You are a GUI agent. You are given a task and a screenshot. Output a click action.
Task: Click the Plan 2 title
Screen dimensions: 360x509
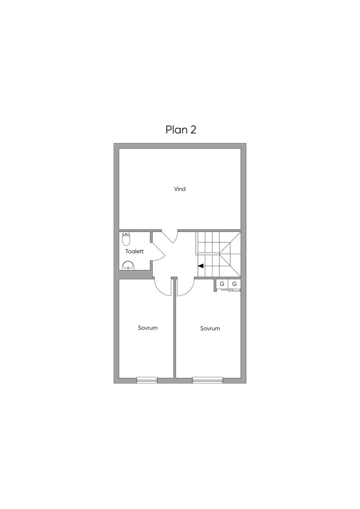point(181,130)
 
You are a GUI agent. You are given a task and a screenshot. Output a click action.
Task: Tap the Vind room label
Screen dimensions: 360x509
point(180,189)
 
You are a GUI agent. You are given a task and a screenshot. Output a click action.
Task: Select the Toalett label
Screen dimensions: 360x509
point(135,252)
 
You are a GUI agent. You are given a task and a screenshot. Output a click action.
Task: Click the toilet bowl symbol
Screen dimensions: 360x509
point(126,239)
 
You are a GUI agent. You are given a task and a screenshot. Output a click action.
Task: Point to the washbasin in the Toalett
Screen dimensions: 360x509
point(128,266)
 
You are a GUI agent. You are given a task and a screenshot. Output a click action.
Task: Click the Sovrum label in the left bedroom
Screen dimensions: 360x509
point(148,328)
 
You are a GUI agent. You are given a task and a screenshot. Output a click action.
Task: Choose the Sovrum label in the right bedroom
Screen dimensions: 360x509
point(210,328)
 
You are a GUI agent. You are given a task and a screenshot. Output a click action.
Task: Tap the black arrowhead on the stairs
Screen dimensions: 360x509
point(201,266)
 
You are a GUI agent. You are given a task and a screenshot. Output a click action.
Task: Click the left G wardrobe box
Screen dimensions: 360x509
point(222,284)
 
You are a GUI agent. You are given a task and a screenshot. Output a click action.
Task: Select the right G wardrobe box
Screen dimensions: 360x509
point(234,284)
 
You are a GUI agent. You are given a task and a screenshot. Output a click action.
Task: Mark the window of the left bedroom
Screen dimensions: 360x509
point(147,380)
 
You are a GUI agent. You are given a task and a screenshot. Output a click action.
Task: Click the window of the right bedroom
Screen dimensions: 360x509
point(207,380)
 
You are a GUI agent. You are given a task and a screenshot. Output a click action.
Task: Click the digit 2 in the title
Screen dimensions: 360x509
point(193,130)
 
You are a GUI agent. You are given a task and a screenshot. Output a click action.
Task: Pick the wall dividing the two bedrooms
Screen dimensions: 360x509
point(175,328)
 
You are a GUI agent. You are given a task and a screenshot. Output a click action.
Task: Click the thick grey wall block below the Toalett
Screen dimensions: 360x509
point(135,275)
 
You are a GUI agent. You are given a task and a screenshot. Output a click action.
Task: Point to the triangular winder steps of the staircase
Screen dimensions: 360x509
point(230,254)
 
